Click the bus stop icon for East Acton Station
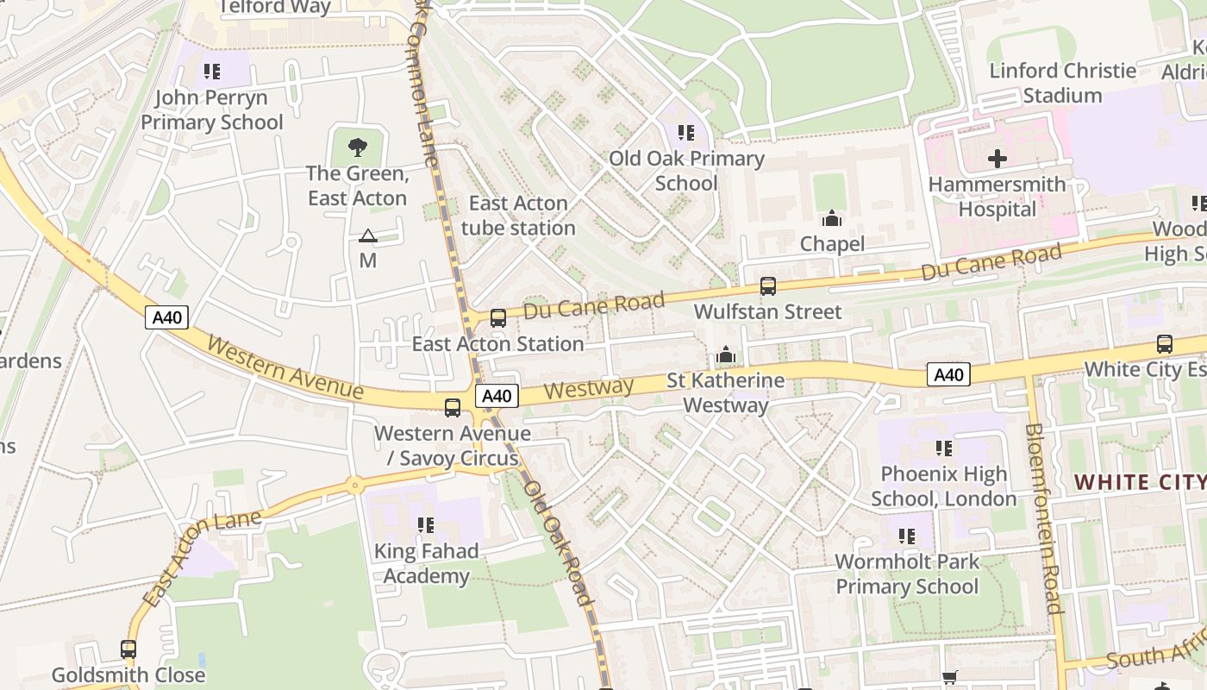(497, 318)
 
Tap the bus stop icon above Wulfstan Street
(767, 286)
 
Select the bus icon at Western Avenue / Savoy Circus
(453, 408)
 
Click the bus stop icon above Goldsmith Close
(128, 649)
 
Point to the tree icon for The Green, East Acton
(357, 147)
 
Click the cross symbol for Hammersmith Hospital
(997, 159)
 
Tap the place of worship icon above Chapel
(832, 218)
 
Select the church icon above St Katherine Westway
(726, 355)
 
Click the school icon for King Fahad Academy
(425, 524)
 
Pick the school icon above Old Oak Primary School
(686, 133)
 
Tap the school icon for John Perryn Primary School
(212, 72)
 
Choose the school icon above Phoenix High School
(944, 448)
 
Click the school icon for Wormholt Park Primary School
(907, 536)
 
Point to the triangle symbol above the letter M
(368, 235)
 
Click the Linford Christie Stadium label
(1062, 83)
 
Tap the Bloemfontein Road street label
(1043, 518)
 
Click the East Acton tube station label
(518, 216)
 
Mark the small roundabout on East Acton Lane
(354, 486)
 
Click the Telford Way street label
(276, 8)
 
